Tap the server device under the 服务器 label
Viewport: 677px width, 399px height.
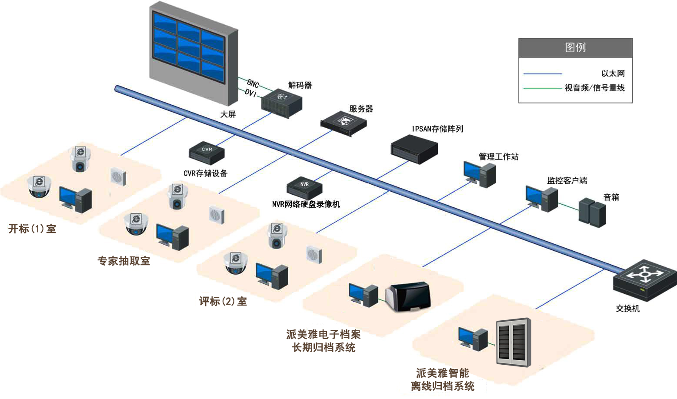coord(344,123)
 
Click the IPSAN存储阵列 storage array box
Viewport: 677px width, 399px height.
coord(414,149)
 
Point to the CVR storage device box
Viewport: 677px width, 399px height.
coord(207,153)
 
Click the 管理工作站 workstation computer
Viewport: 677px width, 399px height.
coord(479,174)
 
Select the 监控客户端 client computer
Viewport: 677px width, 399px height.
coord(541,198)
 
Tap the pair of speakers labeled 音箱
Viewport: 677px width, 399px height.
coord(592,212)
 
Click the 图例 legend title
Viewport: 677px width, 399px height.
coord(575,47)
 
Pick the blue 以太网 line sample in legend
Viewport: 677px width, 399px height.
coord(542,74)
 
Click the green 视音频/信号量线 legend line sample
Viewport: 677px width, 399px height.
coord(542,88)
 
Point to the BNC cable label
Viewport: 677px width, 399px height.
coord(253,83)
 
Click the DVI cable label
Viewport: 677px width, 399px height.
coord(250,93)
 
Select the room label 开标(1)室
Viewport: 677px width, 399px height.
coord(32,229)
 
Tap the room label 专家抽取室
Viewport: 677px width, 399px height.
coord(123,261)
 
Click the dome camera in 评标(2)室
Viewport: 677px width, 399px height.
coord(235,263)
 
